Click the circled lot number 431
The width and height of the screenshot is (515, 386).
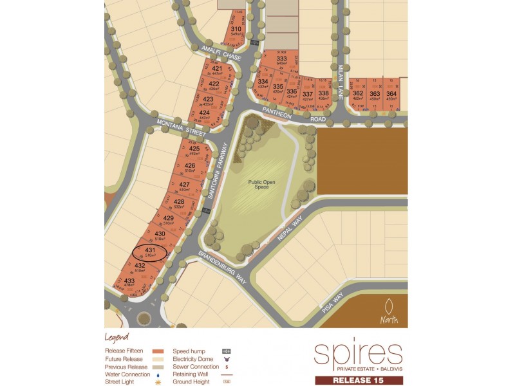[149, 250]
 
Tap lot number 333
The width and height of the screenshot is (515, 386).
[281, 59]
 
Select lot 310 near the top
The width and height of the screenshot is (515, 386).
[236, 29]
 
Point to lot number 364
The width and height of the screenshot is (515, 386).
[391, 94]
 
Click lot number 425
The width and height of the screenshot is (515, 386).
[194, 149]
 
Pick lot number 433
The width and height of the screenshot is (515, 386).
[129, 281]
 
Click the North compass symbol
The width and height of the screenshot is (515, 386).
[389, 311]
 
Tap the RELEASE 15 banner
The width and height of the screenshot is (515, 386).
[359, 380]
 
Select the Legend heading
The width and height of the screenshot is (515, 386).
[117, 337]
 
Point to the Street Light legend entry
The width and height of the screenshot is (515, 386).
[121, 381]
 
